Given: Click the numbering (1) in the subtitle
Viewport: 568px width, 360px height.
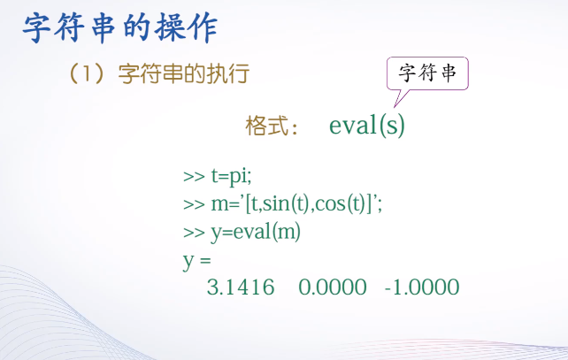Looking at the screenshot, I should click(88, 74).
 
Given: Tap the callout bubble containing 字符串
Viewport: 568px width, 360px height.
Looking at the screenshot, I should click(427, 73).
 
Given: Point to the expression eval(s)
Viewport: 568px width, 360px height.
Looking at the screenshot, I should click(367, 126).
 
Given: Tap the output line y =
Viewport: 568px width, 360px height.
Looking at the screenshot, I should click(197, 260).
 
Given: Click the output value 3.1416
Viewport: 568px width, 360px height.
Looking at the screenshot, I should click(240, 288).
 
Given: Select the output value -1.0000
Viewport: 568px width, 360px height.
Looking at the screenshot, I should click(422, 288).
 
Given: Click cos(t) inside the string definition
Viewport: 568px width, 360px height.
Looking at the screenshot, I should click(341, 203).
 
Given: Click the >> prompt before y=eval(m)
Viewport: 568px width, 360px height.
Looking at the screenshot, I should click(194, 232).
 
